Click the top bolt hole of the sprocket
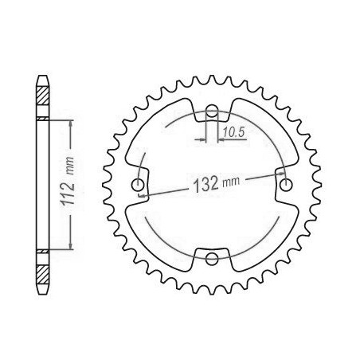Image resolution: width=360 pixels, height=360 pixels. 212,111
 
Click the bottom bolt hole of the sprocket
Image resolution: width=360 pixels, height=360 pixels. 212,259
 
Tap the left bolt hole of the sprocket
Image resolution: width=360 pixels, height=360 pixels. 139,185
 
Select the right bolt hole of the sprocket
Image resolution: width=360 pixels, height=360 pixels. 286,185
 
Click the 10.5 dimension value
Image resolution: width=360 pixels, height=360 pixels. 233,132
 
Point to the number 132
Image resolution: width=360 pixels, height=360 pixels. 206,184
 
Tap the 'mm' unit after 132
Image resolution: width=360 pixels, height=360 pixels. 231,182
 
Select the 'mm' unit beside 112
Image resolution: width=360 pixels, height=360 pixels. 70,166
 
